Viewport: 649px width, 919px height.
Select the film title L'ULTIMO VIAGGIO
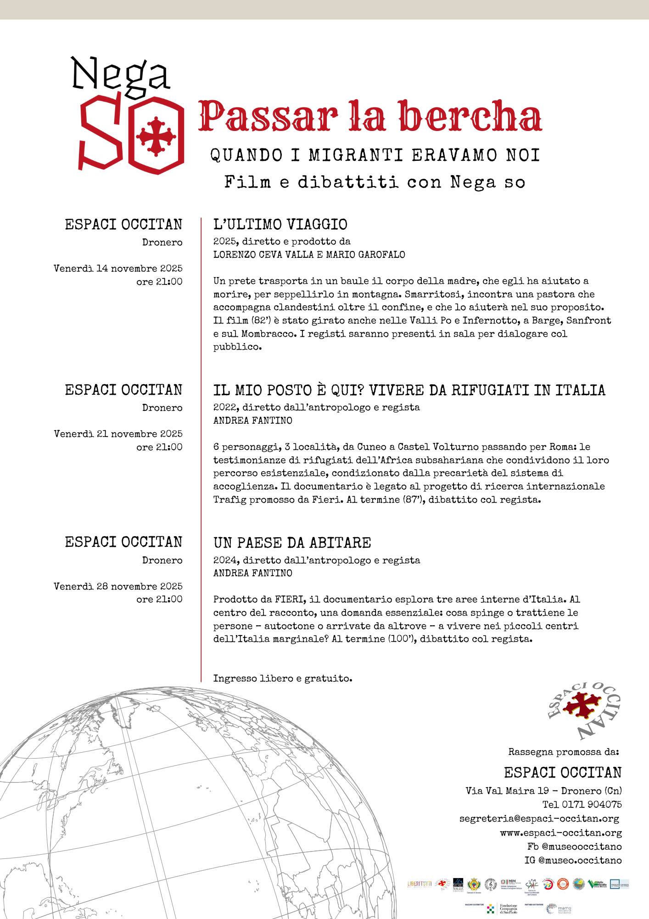280,224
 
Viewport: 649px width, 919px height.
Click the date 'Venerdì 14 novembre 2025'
118,268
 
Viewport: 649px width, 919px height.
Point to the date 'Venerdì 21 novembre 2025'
118,434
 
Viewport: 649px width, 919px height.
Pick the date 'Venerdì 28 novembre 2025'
118,586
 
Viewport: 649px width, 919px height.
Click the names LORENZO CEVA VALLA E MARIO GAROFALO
309,255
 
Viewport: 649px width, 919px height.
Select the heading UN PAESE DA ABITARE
292,543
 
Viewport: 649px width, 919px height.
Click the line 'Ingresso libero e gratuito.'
282,678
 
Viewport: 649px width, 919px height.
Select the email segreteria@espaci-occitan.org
539,818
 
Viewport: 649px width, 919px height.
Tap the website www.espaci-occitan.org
560,833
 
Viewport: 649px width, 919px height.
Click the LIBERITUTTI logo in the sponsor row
420,884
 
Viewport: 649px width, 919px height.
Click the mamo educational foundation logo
559,909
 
